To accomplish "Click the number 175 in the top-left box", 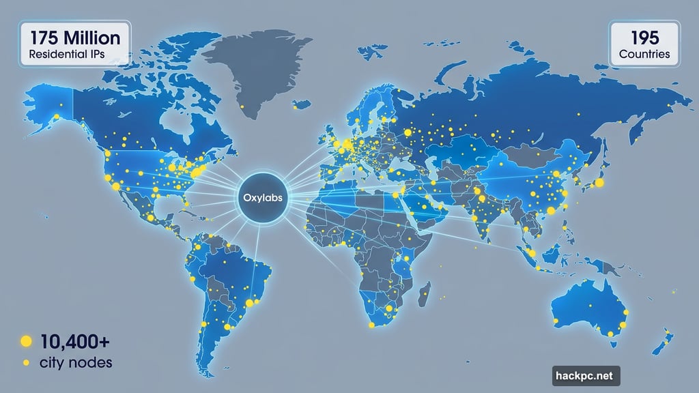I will pyautogui.click(x=39, y=38).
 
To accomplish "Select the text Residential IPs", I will pyautogui.click(x=66, y=55).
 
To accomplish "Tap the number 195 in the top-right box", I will pyautogui.click(x=644, y=37).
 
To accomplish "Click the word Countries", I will pyautogui.click(x=644, y=54).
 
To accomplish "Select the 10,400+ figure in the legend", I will pyautogui.click(x=74, y=341).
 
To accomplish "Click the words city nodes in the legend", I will pyautogui.click(x=76, y=362).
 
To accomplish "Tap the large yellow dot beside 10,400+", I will pyautogui.click(x=26, y=341).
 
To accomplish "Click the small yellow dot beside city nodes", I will pyautogui.click(x=26, y=363).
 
